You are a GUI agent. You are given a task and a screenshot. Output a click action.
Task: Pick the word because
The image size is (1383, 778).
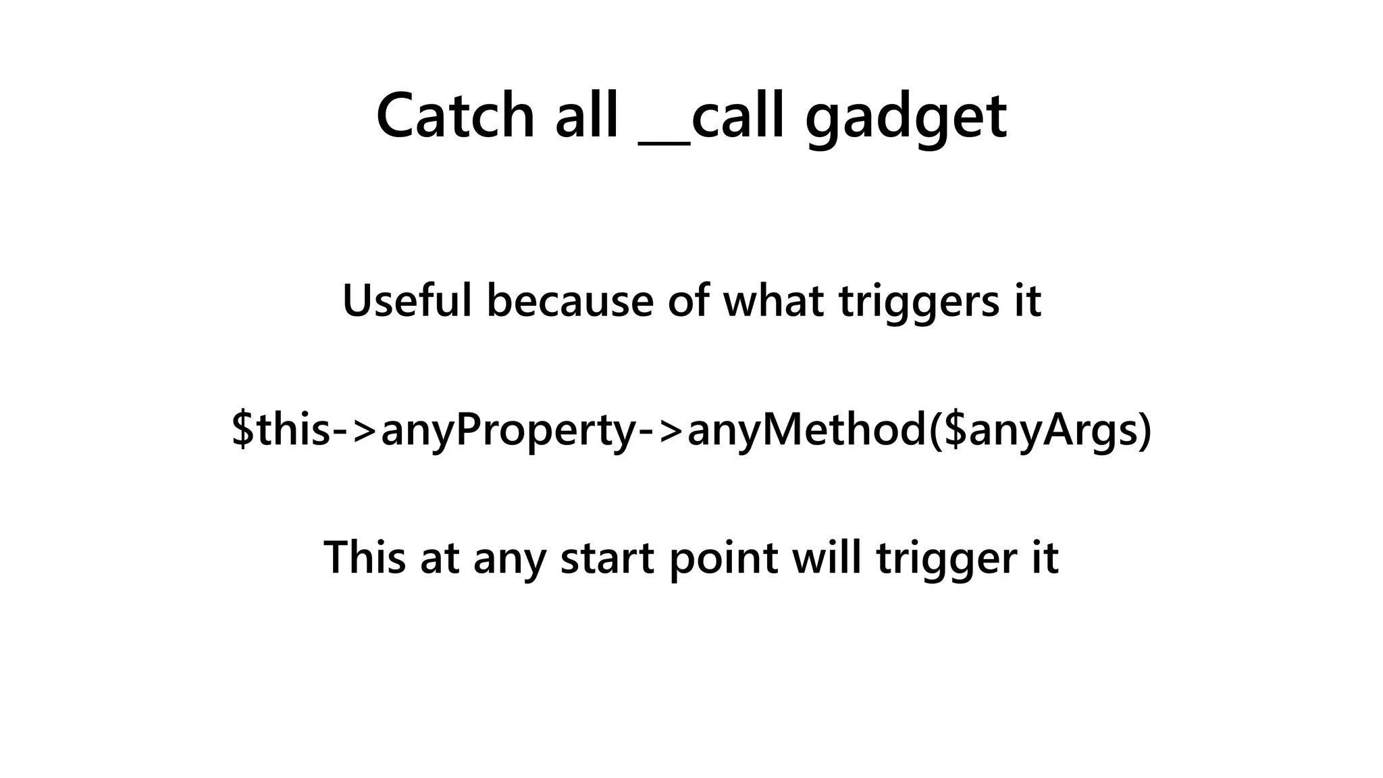tap(570, 301)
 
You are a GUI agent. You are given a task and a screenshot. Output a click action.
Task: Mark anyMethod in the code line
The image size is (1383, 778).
tap(806, 430)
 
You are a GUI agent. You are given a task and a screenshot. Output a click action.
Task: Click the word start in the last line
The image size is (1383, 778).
tap(607, 559)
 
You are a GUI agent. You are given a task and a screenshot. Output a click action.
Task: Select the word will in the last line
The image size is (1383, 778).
tap(826, 557)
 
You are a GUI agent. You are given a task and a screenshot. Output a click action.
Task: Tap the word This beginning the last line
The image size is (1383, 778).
tap(365, 557)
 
